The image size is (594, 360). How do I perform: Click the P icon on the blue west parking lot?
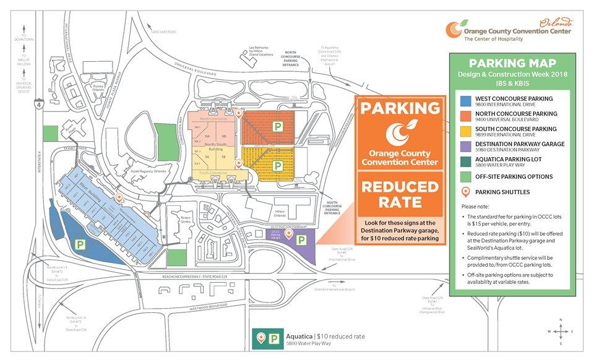[80, 245]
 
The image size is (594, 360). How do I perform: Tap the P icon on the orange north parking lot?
[279, 126]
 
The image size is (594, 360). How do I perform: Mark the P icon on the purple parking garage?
[301, 240]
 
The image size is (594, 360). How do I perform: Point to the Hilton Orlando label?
[280, 213]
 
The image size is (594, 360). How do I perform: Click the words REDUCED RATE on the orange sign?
[400, 194]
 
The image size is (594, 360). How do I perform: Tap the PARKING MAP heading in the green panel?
[512, 63]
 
